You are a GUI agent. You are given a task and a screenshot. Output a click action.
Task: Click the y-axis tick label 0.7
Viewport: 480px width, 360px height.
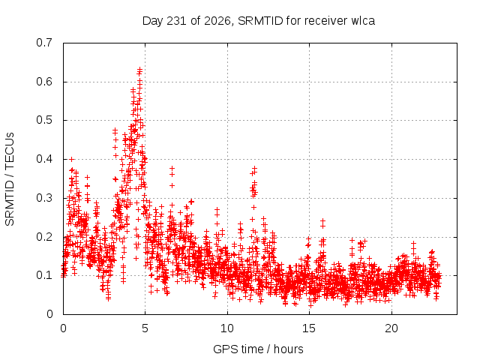pyautogui.click(x=44, y=43)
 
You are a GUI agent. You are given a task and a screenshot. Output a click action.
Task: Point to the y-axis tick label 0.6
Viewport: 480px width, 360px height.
pyautogui.click(x=44, y=82)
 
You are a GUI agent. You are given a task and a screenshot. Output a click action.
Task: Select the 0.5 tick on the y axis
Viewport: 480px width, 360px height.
pyautogui.click(x=44, y=120)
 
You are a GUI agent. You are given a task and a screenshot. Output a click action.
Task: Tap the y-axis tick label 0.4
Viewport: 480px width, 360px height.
pyautogui.click(x=44, y=159)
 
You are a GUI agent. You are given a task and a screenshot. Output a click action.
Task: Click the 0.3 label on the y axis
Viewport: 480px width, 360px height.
pyautogui.click(x=44, y=198)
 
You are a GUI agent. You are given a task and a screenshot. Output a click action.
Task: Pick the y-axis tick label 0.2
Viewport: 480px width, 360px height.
pyautogui.click(x=44, y=237)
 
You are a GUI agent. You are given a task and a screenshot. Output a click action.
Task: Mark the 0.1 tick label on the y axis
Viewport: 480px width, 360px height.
pyautogui.click(x=44, y=275)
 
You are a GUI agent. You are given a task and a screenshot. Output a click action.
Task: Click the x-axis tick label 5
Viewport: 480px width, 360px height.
pyautogui.click(x=145, y=328)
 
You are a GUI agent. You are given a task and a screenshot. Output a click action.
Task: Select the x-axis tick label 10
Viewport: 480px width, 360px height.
pyautogui.click(x=227, y=328)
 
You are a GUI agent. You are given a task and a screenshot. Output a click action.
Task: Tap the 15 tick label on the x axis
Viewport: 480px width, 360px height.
pyautogui.click(x=309, y=328)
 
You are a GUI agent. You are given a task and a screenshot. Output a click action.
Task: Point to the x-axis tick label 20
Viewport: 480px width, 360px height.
pyautogui.click(x=391, y=328)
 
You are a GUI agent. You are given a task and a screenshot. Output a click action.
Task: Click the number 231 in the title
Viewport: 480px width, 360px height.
pyautogui.click(x=175, y=21)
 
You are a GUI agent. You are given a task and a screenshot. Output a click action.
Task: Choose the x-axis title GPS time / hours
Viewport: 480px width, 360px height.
pyautogui.click(x=258, y=349)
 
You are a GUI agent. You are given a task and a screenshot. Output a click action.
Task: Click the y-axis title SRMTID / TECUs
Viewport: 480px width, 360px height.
pyautogui.click(x=10, y=179)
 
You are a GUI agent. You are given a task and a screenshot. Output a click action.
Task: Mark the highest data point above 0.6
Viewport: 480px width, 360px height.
pyautogui.click(x=139, y=69)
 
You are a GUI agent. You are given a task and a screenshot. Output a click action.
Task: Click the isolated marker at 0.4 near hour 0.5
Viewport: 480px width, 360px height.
pyautogui.click(x=72, y=159)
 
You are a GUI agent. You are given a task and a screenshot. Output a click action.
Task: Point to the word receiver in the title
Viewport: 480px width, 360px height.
pyautogui.click(x=326, y=21)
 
